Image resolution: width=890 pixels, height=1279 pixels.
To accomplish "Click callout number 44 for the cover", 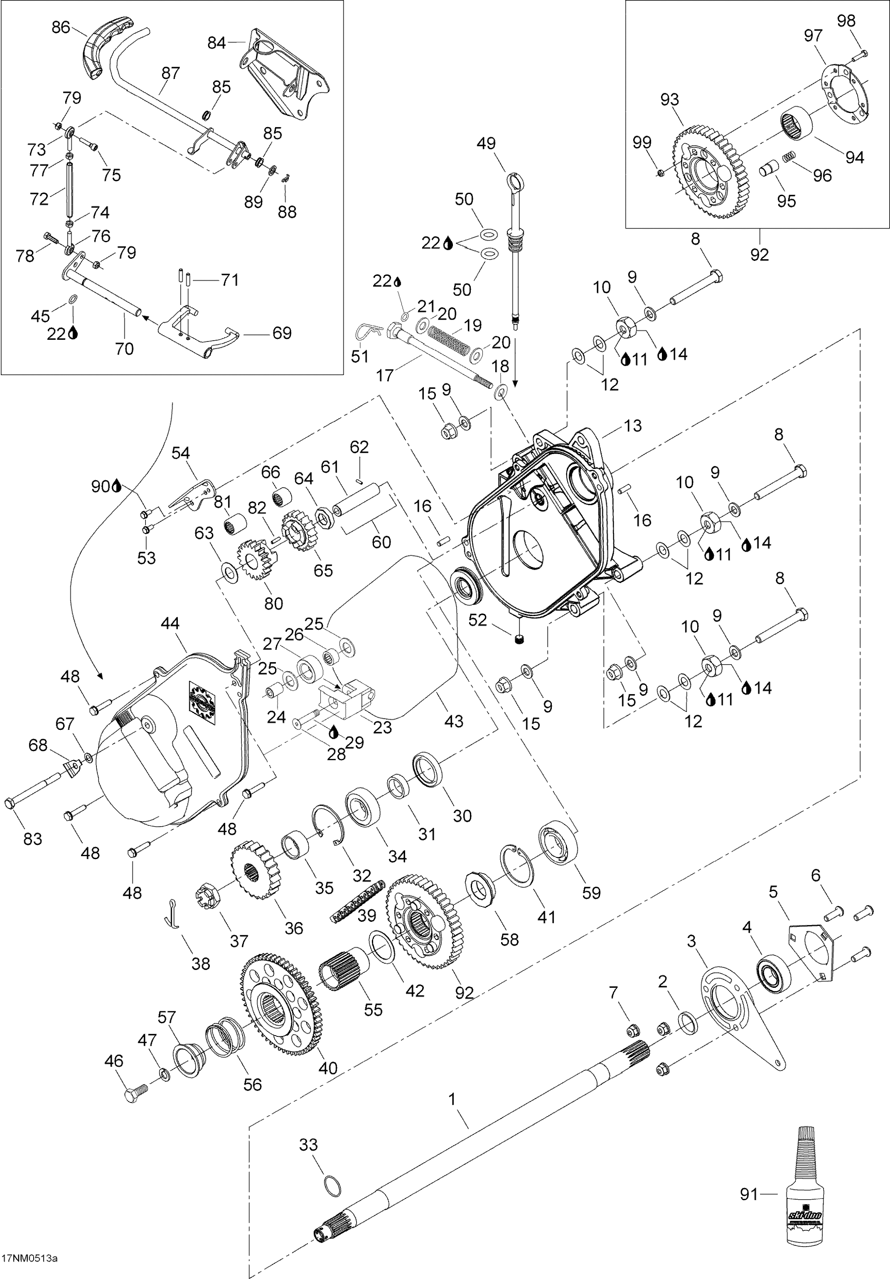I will pyautogui.click(x=170, y=623).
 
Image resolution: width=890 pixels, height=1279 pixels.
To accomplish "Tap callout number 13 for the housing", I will pyautogui.click(x=633, y=425).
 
